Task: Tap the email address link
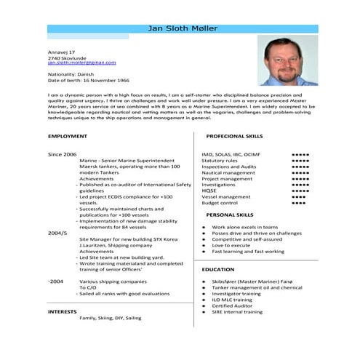[81, 63]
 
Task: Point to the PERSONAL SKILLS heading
[230, 215]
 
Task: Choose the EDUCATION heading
[218, 269]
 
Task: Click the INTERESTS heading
[63, 311]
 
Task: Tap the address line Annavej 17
[62, 52]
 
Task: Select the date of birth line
[88, 80]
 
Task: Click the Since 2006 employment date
[62, 155]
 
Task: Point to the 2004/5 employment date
[57, 232]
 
